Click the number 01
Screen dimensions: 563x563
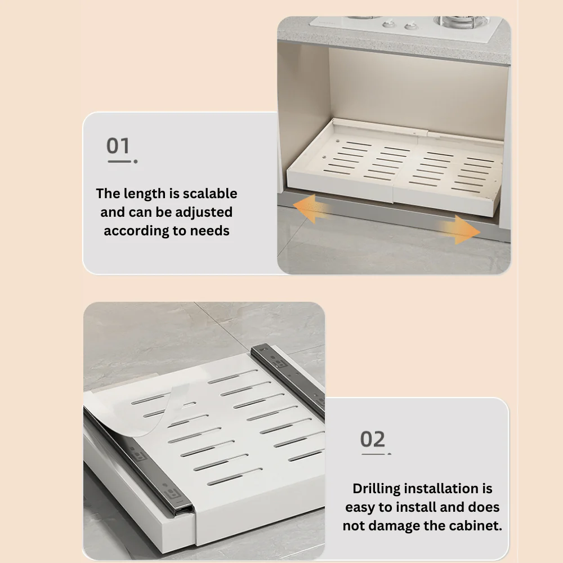(x=118, y=146)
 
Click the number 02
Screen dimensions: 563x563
(x=372, y=439)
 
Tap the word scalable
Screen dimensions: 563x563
(x=210, y=194)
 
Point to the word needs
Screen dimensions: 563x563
(x=209, y=231)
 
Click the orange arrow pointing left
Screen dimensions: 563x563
(x=311, y=208)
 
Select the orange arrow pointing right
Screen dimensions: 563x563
(x=459, y=230)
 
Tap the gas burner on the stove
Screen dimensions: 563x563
(x=462, y=22)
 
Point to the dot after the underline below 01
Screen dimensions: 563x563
(x=136, y=162)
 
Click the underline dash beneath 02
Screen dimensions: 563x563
(x=373, y=454)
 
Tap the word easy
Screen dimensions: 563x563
(x=360, y=508)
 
